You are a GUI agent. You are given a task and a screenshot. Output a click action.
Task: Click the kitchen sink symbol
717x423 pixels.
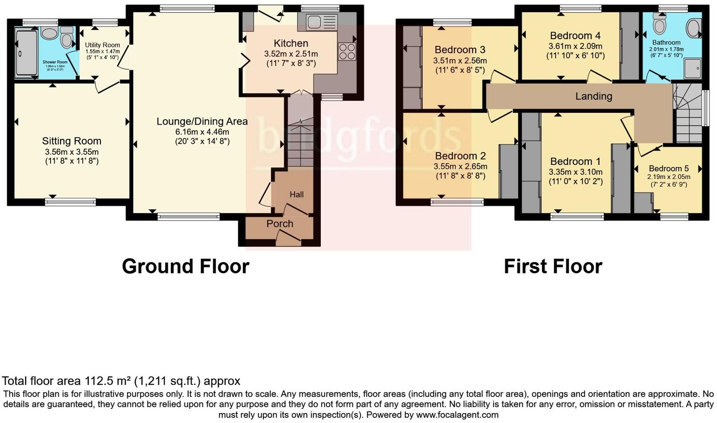(322, 22)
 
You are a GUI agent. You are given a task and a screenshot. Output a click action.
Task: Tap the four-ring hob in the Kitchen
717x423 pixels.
(347, 51)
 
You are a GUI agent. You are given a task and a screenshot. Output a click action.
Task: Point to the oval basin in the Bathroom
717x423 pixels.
(693, 28)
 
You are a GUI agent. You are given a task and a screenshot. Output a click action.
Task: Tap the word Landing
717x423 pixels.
(593, 96)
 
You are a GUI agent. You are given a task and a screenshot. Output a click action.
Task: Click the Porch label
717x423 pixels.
(280, 224)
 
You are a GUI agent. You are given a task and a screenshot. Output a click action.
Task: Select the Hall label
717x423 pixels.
(297, 195)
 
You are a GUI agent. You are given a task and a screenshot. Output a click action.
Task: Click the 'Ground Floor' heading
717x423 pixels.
(185, 266)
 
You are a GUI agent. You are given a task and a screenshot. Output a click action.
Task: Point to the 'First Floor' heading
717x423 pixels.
(553, 266)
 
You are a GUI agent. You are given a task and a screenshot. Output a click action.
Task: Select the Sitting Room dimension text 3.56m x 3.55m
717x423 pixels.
(72, 152)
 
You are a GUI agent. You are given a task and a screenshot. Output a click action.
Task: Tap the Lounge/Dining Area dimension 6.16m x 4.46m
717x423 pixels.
(202, 132)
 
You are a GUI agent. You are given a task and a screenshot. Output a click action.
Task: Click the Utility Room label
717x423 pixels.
(102, 45)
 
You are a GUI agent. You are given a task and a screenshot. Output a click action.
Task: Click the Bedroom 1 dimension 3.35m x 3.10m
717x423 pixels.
(575, 172)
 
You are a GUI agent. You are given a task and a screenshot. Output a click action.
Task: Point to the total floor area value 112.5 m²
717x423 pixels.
(108, 381)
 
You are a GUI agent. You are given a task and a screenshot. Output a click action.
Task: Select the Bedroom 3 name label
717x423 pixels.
(459, 50)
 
